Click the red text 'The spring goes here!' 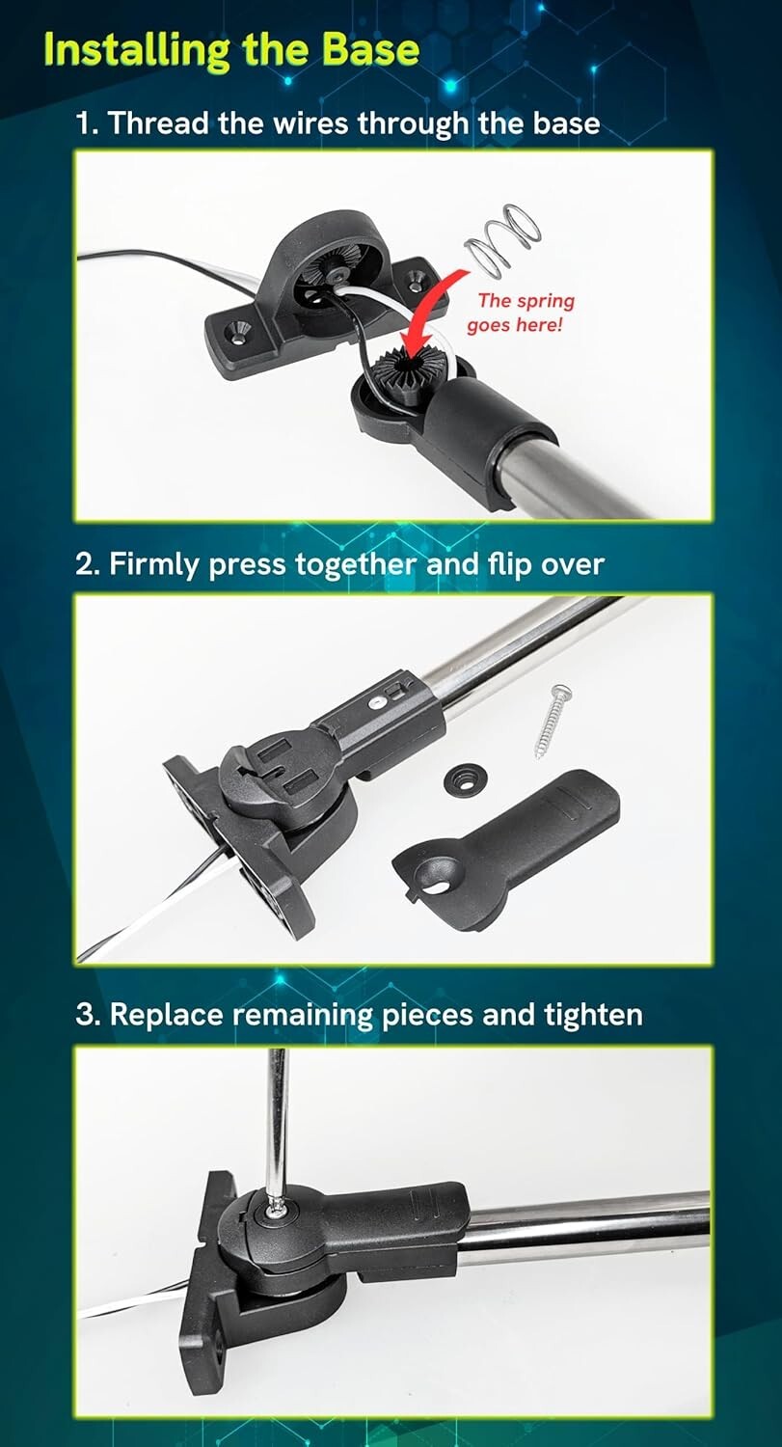[520, 313]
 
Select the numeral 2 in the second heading [87, 563]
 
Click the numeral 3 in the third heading [87, 1014]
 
